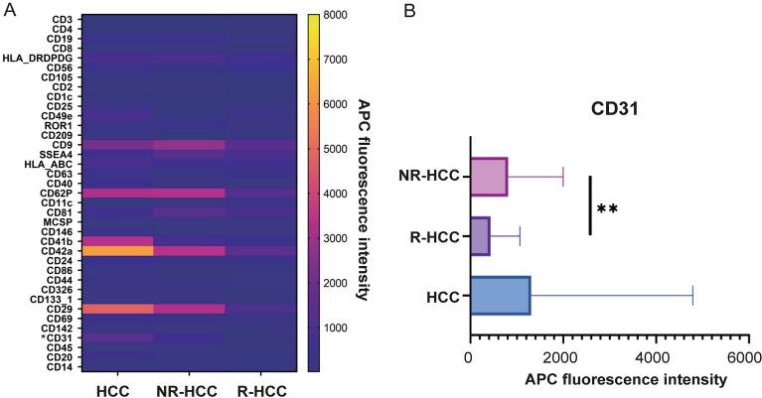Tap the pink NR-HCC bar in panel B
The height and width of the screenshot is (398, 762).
click(489, 176)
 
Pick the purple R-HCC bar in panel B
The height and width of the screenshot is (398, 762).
click(480, 237)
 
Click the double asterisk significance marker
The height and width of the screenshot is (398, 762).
click(607, 209)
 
